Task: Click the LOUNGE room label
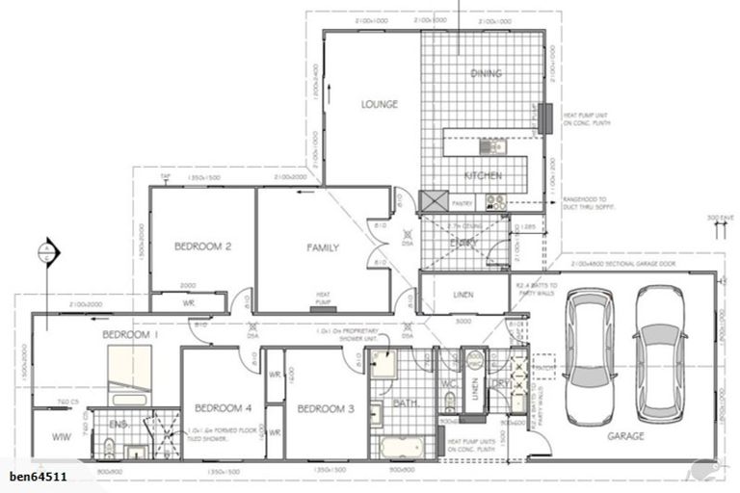coord(380,104)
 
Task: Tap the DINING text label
coord(486,73)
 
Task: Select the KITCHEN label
coord(481,176)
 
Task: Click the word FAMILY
coord(323,248)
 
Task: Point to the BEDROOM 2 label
coord(202,246)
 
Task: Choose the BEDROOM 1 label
coord(130,334)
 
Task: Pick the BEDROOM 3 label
coord(325,408)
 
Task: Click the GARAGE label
coord(625,436)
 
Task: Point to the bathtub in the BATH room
coord(404,449)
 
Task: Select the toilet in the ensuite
coord(109,447)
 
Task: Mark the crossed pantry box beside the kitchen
coord(431,201)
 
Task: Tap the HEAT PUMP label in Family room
coord(324,299)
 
